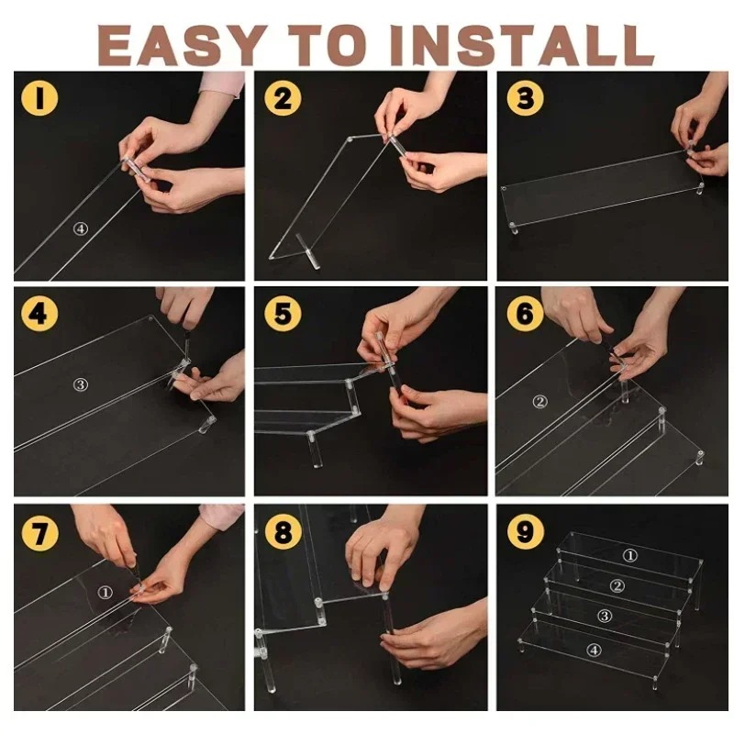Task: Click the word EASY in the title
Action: tap(179, 45)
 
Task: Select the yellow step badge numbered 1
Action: tap(39, 98)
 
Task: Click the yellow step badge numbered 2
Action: tap(283, 98)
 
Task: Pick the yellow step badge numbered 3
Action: tap(525, 98)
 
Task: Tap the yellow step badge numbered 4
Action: tap(39, 313)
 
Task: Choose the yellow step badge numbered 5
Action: tap(283, 313)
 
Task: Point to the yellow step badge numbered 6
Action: tap(525, 313)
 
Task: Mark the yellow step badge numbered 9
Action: tap(525, 531)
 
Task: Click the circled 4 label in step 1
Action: tap(81, 228)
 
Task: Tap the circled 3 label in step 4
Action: tap(81, 384)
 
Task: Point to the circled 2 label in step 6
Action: tap(540, 402)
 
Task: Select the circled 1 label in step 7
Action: tap(106, 593)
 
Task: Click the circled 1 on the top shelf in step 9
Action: tap(630, 556)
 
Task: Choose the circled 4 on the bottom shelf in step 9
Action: tap(594, 651)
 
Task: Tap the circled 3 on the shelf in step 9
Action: tap(605, 616)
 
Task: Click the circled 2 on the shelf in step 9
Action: tap(617, 586)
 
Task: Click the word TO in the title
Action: tap(326, 45)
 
